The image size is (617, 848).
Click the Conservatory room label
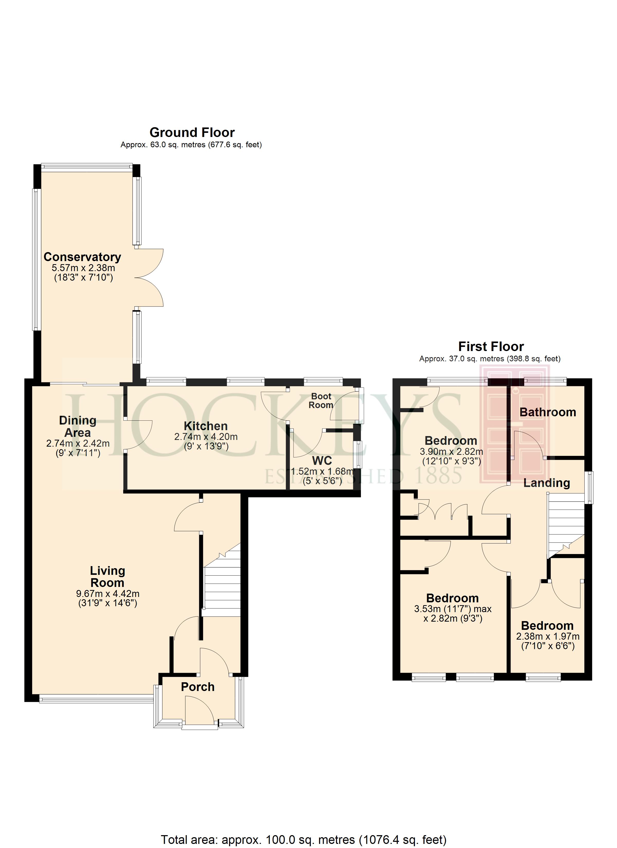(x=82, y=257)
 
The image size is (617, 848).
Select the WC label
(x=322, y=461)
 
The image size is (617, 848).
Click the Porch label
(x=197, y=687)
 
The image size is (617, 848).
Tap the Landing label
(x=547, y=483)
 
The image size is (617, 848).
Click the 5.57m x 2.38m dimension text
(x=83, y=268)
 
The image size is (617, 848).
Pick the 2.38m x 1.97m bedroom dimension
(x=548, y=636)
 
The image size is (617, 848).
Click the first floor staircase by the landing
(x=566, y=525)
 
